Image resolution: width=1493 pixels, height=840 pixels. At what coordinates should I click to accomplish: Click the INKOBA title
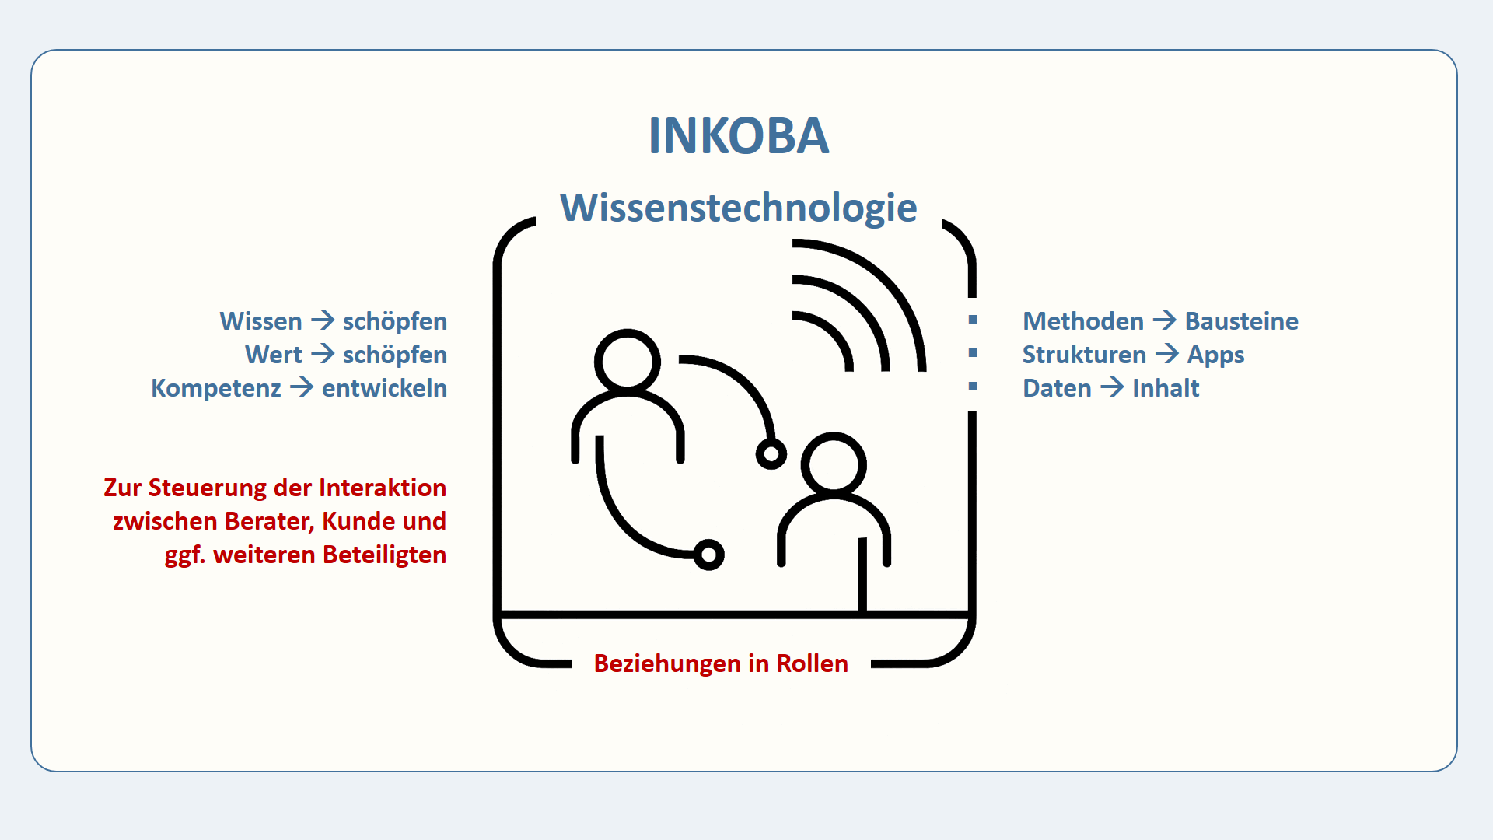[738, 136]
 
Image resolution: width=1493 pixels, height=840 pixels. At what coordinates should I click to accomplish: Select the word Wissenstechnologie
[738, 208]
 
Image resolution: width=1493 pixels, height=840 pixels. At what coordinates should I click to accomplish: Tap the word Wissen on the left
[260, 321]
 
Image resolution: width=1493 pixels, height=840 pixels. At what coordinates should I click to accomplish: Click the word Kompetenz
[216, 388]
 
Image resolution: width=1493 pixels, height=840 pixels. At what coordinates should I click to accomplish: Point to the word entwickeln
[384, 388]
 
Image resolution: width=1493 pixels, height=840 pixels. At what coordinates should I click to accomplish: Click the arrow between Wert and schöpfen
[323, 355]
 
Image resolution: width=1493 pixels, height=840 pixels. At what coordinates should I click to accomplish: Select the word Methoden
[1083, 321]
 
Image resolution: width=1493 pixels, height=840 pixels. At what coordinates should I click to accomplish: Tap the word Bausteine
[1241, 321]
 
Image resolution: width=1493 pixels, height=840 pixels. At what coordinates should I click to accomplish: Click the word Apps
[1215, 355]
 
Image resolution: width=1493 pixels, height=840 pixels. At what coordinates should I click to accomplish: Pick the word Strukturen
[1084, 355]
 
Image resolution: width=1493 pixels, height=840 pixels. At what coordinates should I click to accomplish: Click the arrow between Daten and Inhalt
[1112, 387]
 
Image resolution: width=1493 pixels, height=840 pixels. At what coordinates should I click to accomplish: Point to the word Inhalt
[1166, 388]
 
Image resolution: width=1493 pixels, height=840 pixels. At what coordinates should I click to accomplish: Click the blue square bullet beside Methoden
[973, 320]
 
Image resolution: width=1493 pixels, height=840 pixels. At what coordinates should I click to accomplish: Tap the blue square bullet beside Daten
[973, 387]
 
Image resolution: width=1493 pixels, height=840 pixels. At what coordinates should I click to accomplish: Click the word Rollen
[812, 663]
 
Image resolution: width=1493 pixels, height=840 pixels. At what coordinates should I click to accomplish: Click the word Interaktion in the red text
[383, 488]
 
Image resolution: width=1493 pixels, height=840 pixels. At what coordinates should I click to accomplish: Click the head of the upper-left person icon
[627, 362]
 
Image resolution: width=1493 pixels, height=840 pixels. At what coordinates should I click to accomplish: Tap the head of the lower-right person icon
[834, 465]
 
